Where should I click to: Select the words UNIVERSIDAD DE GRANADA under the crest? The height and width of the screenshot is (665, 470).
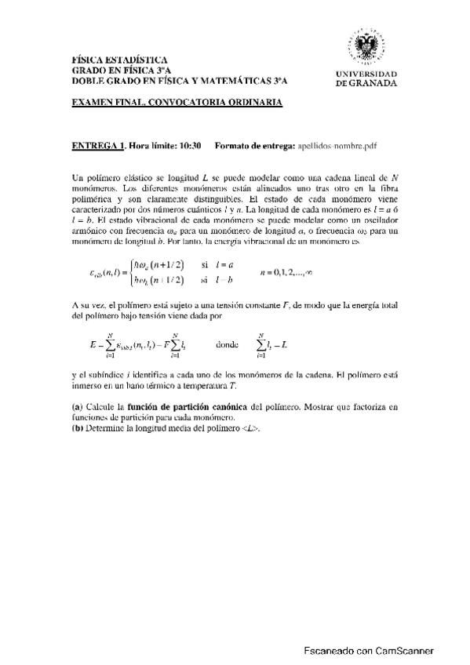366,78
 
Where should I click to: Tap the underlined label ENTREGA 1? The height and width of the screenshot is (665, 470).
98,146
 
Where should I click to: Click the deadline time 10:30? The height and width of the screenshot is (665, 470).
191,146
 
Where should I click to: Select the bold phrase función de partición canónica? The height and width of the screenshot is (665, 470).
181,407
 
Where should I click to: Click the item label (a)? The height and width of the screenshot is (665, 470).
77,407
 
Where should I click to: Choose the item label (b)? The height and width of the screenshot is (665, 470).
77,429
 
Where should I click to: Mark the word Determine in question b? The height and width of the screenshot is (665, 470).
109,429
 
